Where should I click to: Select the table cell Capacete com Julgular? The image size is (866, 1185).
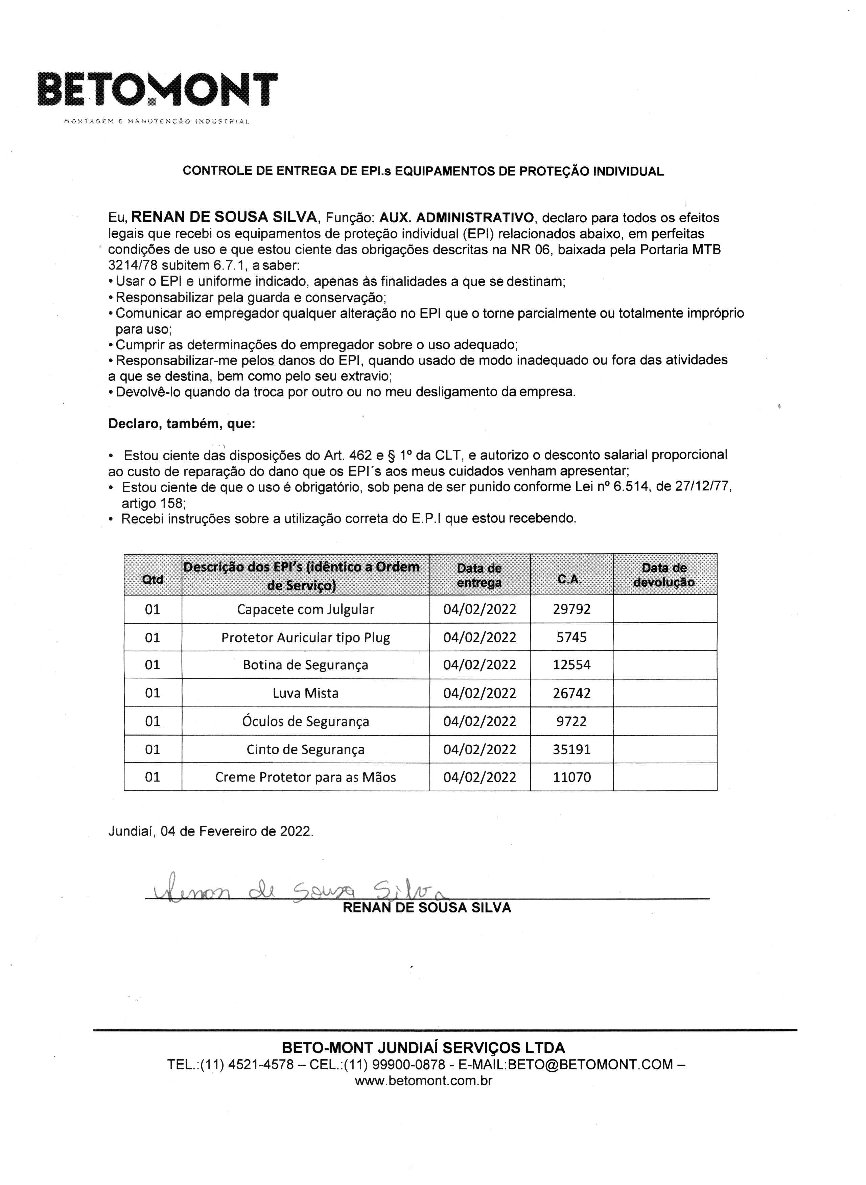coord(306,609)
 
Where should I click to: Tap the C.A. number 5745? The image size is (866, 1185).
coord(571,637)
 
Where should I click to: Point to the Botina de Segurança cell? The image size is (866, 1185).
coord(306,665)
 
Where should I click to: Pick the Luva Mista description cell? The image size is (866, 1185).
coord(306,693)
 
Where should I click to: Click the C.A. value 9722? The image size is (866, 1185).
coord(571,721)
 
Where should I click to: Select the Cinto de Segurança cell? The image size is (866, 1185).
coord(306,749)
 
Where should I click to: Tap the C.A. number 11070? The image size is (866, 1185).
coord(571,777)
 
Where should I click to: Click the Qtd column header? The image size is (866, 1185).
coord(153,579)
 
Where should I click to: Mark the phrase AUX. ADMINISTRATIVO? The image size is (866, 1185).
coord(457,217)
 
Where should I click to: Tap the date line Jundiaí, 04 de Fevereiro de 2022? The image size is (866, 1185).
coord(211,831)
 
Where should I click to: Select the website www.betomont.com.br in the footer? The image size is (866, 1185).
coord(424,1081)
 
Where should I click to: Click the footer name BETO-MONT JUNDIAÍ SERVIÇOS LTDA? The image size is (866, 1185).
coord(424,1048)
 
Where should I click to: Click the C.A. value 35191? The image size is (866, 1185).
coord(571,749)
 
